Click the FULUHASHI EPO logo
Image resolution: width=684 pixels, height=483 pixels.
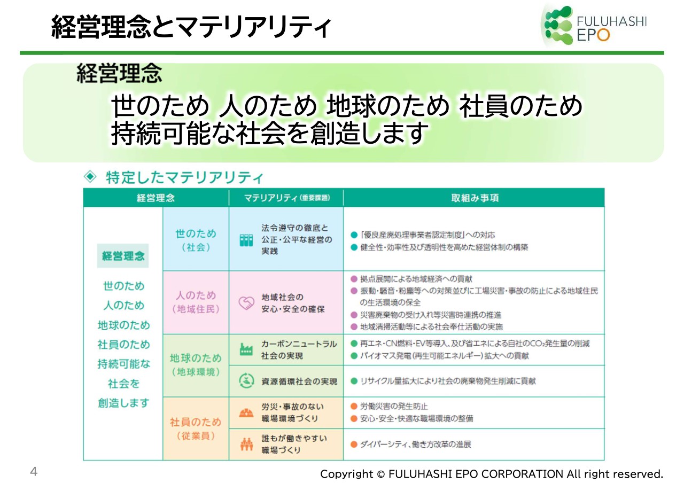point(595,26)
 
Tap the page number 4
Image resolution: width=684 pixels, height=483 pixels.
point(34,472)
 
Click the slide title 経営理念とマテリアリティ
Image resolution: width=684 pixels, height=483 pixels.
point(191,27)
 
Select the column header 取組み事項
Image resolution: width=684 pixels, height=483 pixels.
point(475,198)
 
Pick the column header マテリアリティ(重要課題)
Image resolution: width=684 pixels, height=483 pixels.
point(286,198)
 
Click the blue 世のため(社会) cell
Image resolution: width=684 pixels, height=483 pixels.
point(196,240)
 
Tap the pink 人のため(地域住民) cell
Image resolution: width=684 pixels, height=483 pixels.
point(196,302)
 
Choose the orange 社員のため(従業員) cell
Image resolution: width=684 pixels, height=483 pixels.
point(196,429)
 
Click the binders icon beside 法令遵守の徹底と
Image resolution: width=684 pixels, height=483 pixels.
point(246,240)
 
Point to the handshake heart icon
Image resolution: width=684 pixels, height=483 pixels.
point(246,303)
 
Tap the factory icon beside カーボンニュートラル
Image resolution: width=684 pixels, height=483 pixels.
point(246,349)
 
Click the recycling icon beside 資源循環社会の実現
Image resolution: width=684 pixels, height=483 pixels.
point(246,381)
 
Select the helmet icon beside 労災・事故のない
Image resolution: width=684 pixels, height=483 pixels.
point(246,413)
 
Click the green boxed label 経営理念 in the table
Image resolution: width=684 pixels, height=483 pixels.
point(123,256)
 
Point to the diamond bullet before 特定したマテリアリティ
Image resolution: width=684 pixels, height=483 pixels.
point(90,177)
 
